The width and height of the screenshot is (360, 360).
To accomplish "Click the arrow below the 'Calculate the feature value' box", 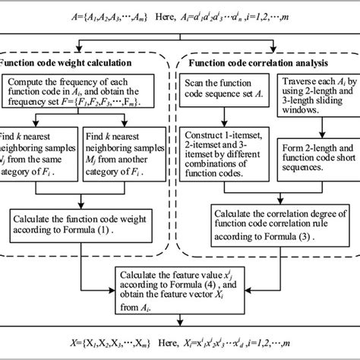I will pyautogui.click(x=181, y=324).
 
